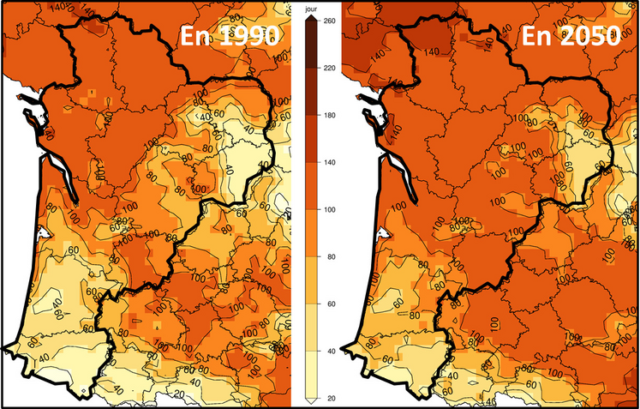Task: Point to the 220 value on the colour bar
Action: tap(326, 67)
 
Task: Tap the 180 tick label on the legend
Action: tap(326, 114)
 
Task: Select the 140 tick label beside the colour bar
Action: tap(326, 162)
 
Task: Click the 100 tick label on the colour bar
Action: tap(326, 209)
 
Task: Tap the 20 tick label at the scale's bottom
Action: tap(324, 399)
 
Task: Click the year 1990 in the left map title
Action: tap(242, 37)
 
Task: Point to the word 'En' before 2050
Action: tap(536, 37)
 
